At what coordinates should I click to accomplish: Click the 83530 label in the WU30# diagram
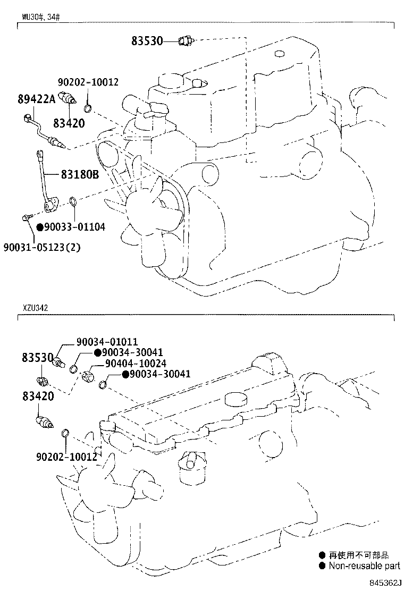pos(147,40)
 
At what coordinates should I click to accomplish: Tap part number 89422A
pos(36,99)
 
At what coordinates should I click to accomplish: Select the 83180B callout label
pos(80,174)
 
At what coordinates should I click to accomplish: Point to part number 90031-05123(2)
pos(42,247)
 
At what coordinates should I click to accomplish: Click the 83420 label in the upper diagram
pos(69,123)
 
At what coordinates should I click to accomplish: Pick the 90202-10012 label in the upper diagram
pos(88,82)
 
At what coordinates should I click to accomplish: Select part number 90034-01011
pos(107,342)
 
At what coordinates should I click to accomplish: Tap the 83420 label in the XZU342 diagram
pos(38,396)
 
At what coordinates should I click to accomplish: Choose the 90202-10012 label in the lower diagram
pos(66,457)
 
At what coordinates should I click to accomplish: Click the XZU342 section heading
pos(35,308)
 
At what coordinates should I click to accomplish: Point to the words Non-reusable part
pos(364,565)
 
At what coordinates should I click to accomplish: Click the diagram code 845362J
pos(383,582)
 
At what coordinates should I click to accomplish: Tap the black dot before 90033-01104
pos(40,226)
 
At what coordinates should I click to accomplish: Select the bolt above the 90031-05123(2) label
pos(27,217)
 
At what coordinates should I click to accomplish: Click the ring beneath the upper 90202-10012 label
pos(88,109)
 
